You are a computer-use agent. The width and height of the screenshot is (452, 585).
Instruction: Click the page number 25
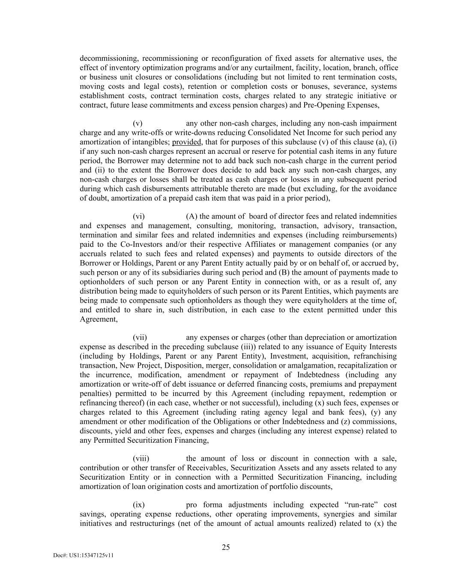pyautogui.click(x=226, y=547)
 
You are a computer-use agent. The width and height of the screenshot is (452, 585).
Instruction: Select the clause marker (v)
pyautogui.click(x=138, y=123)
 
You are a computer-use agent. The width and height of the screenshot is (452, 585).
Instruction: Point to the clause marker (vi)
pyautogui.click(x=138, y=216)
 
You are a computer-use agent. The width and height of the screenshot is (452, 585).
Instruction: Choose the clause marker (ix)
pyautogui.click(x=138, y=505)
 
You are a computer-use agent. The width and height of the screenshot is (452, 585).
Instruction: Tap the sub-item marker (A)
pyautogui.click(x=192, y=216)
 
